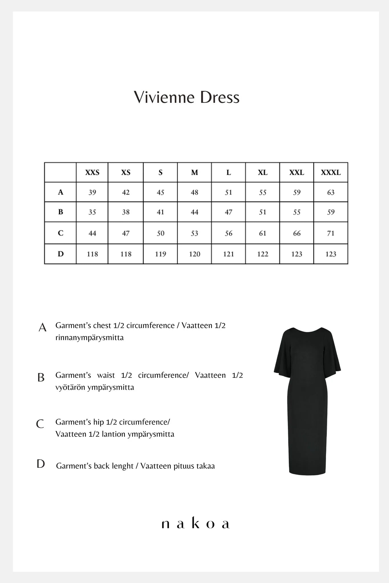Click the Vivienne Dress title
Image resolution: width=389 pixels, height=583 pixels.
[x=187, y=97]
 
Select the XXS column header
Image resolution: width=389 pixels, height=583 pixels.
[x=92, y=173]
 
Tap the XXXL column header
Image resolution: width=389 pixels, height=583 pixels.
[x=331, y=173]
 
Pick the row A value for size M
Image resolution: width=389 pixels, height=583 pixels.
[x=194, y=192]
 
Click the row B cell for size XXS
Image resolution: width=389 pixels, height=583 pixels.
[x=92, y=212]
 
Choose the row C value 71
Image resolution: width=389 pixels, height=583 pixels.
[x=331, y=233]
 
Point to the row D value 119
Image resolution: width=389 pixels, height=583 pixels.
[x=160, y=254]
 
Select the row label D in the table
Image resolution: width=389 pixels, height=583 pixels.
[x=60, y=254]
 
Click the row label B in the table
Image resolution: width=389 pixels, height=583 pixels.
[x=60, y=212]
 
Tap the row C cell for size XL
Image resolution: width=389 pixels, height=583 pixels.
[x=262, y=233]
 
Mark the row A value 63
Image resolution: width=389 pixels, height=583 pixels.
[x=331, y=192]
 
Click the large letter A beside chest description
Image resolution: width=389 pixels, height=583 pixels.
[x=42, y=327]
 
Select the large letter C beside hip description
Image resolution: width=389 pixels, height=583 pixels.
[x=40, y=424]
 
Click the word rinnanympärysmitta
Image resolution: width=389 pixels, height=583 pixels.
[x=89, y=338]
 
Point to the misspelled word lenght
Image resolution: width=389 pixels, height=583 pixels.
[x=123, y=466]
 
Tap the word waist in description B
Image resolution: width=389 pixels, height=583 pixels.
[x=106, y=375]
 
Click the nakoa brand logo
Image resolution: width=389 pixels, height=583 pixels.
[x=195, y=524]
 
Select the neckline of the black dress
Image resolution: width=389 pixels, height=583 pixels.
[x=307, y=332]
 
